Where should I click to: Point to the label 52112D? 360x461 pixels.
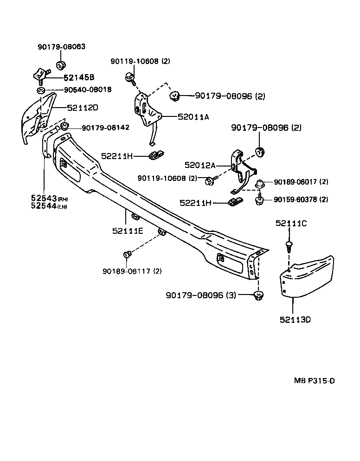83,108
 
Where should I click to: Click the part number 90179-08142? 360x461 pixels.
105,128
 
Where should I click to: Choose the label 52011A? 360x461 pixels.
193,117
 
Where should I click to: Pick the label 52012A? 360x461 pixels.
200,165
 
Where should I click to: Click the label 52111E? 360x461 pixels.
127,230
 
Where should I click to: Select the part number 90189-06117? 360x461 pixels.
127,271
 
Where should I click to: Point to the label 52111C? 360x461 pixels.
291,223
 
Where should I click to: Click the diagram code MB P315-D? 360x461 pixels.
314,381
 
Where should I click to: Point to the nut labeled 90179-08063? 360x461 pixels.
60,64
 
